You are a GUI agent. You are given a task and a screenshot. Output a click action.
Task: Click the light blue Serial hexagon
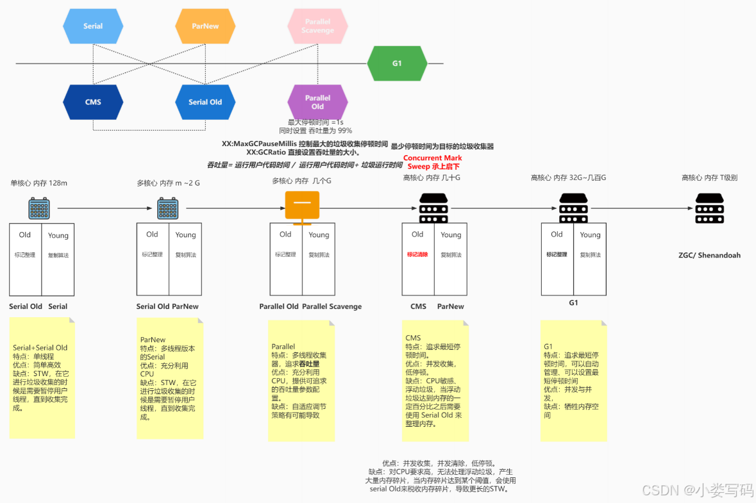pyautogui.click(x=93, y=26)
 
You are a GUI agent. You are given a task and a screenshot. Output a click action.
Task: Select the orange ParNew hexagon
pyautogui.click(x=205, y=26)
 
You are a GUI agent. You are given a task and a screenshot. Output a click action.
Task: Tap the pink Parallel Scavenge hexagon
pyautogui.click(x=317, y=26)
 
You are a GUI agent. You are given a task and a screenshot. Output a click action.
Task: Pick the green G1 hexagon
pyautogui.click(x=397, y=63)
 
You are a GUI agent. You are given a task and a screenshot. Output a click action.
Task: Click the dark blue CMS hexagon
pyautogui.click(x=93, y=102)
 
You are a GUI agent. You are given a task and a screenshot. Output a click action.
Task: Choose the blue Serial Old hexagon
pyautogui.click(x=205, y=102)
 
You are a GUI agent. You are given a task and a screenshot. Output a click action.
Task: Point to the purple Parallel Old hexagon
pyautogui.click(x=317, y=102)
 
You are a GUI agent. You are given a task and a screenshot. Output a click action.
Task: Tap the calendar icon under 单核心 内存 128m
pyautogui.click(x=39, y=208)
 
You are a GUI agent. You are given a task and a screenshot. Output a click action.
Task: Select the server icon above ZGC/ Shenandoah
pyautogui.click(x=709, y=208)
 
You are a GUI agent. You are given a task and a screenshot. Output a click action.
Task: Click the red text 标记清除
pyautogui.click(x=417, y=254)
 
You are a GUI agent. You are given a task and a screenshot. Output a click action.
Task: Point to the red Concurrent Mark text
pyautogui.click(x=432, y=158)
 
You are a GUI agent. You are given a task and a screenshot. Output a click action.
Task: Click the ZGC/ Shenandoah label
pyautogui.click(x=709, y=255)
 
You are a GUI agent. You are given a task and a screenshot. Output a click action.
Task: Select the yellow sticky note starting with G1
pyautogui.click(x=573, y=381)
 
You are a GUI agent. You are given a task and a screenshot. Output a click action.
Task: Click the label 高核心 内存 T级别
pyautogui.click(x=709, y=177)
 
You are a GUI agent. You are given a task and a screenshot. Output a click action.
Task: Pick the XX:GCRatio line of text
pyautogui.click(x=303, y=153)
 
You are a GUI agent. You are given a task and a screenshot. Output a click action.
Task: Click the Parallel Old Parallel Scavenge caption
pyautogui.click(x=310, y=306)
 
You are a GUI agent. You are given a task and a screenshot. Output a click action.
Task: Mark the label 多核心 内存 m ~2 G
pyautogui.click(x=168, y=183)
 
